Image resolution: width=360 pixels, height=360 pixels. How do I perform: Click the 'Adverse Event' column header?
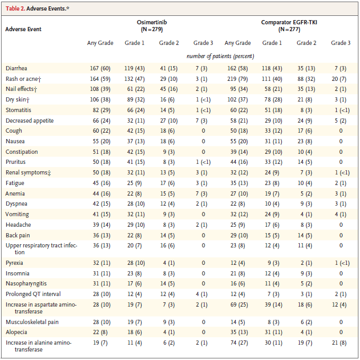[23, 29]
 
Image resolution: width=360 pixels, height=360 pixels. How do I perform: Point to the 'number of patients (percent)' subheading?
[220, 56]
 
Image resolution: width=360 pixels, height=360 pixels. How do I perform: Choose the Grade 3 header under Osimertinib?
[203, 43]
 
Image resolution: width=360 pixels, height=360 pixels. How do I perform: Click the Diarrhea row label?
[17, 68]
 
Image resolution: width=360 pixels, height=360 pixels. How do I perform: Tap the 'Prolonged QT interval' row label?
[33, 293]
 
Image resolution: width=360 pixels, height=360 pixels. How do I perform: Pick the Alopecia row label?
[17, 332]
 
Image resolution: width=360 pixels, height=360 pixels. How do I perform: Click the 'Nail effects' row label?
[22, 89]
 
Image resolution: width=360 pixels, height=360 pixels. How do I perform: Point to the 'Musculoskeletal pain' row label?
[32, 321]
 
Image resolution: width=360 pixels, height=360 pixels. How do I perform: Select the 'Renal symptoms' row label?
[25, 172]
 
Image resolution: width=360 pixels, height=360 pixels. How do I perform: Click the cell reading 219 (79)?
[237, 79]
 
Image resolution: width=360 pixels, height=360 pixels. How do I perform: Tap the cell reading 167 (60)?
[100, 68]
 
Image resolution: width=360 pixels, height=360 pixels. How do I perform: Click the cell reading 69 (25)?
[237, 305]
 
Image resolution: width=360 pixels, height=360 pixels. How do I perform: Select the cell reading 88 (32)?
[306, 79]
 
